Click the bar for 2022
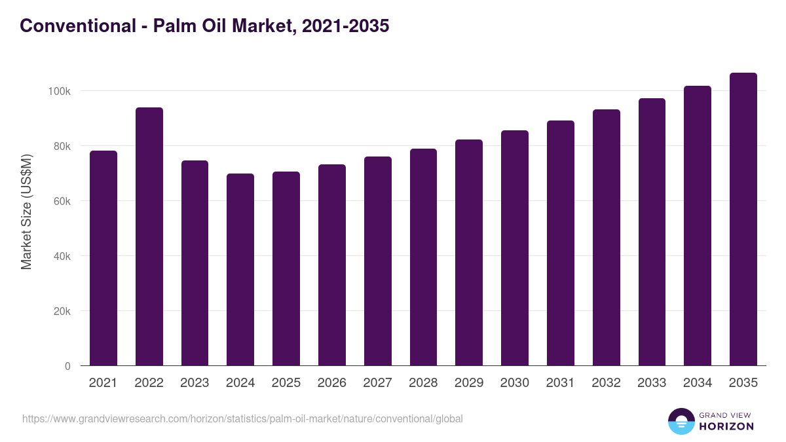(x=149, y=236)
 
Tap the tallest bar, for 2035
(x=743, y=219)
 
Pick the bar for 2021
(x=103, y=258)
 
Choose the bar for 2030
(x=514, y=248)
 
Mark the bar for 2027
(x=377, y=261)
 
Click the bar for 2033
(x=652, y=232)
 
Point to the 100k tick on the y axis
(x=59, y=91)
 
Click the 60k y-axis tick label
(x=61, y=201)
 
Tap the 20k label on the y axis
(x=61, y=311)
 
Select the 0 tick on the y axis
(x=67, y=366)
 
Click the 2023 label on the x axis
(x=195, y=383)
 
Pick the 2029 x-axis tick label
(x=469, y=383)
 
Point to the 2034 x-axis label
(x=698, y=383)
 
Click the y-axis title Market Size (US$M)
(x=26, y=212)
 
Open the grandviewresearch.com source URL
(x=242, y=418)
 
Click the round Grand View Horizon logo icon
(x=681, y=421)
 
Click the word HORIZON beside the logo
(x=726, y=426)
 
